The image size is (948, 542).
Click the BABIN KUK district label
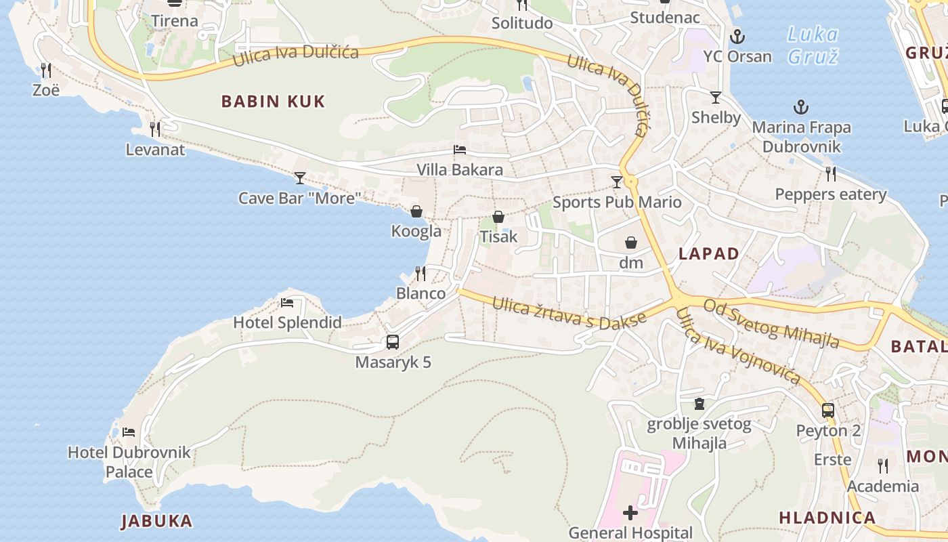[273, 102]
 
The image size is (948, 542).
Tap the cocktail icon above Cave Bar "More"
[300, 178]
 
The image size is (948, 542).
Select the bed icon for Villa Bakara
[460, 150]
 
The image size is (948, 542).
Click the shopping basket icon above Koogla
[416, 211]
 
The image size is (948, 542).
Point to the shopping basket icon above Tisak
[498, 217]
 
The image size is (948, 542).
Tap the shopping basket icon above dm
[631, 243]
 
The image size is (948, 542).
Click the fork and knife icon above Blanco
[421, 274]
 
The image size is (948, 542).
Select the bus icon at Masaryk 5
[393, 342]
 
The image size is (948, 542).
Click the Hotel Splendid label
[287, 322]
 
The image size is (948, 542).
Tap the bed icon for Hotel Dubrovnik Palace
[129, 432]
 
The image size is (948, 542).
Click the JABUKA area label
[156, 521]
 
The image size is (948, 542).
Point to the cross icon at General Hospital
[630, 512]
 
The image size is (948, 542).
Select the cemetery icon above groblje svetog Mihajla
[699, 404]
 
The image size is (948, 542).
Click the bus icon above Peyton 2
[828, 410]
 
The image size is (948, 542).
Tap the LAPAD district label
[709, 254]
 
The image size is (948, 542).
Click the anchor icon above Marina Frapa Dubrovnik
[801, 107]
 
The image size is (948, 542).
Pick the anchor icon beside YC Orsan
[737, 37]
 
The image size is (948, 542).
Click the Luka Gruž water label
[813, 45]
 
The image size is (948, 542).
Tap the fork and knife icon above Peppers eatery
[831, 174]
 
